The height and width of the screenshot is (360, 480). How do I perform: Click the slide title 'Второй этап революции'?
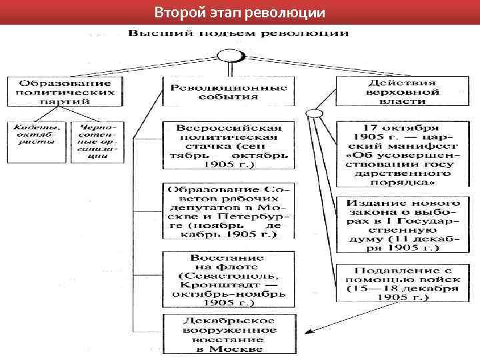[239, 12]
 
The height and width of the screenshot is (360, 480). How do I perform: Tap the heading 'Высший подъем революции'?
[238, 33]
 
